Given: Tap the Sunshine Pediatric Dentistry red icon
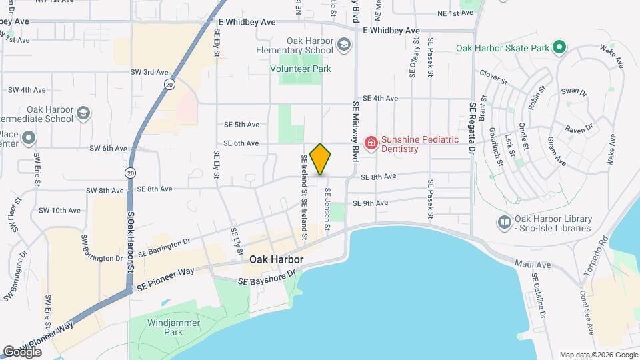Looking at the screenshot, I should [371, 143].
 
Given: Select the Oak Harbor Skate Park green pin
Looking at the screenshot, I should [560, 47].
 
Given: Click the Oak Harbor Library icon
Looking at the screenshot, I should [504, 222].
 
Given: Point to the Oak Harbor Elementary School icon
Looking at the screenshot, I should [344, 45].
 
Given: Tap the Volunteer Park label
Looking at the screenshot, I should [300, 69].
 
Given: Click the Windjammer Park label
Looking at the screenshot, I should [164, 327].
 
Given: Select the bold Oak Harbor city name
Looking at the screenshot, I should [276, 259].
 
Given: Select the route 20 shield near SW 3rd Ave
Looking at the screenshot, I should [170, 85].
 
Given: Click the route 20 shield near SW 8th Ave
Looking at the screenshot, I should [129, 172].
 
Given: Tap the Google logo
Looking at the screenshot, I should [22, 351].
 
